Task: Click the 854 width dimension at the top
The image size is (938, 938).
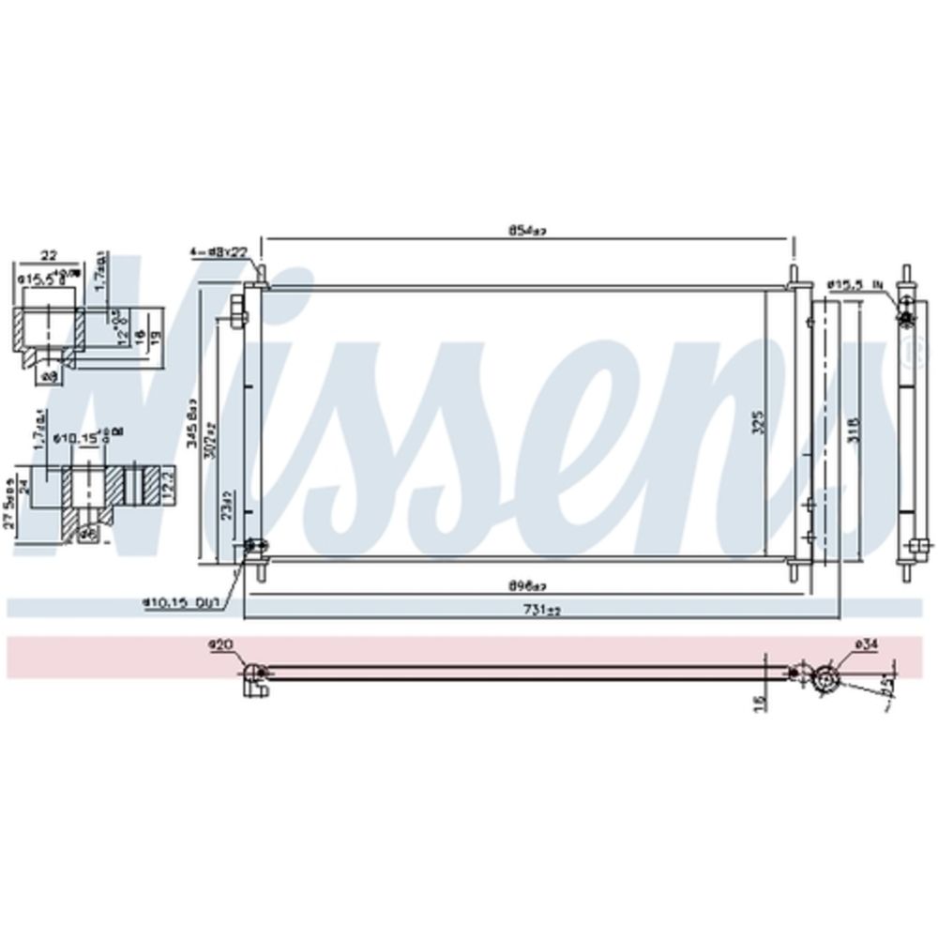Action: (527, 230)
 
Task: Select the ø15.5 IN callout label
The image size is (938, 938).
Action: (856, 282)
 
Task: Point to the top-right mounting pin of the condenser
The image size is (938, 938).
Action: (797, 275)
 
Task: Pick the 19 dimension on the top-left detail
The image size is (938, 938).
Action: (152, 335)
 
